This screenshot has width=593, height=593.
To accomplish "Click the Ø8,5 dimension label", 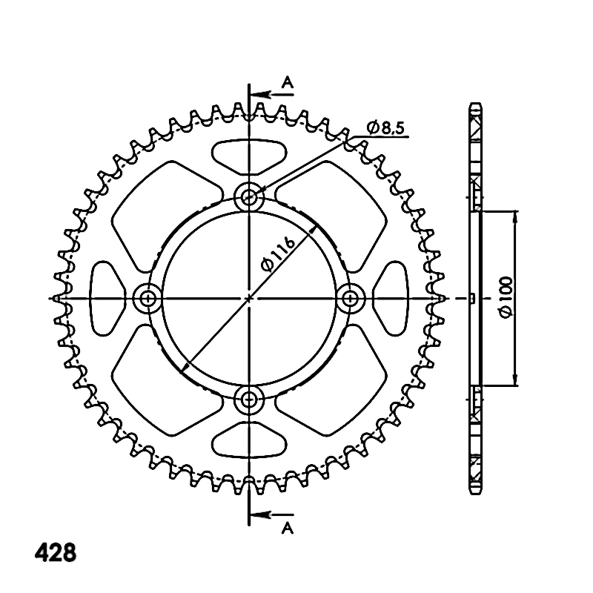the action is [x=385, y=127].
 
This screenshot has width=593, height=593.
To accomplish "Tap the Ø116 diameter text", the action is [x=278, y=254].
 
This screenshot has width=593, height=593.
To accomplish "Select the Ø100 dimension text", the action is [x=506, y=297].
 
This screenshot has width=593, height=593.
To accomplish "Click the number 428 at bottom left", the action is [x=56, y=553].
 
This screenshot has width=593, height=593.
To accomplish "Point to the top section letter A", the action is [x=288, y=82].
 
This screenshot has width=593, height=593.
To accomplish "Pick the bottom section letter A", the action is [x=288, y=529].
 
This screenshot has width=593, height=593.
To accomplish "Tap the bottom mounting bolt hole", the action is [x=248, y=399].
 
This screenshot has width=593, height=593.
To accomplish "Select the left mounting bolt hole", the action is [x=148, y=299].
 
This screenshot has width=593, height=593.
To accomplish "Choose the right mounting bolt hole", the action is [x=350, y=299].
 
